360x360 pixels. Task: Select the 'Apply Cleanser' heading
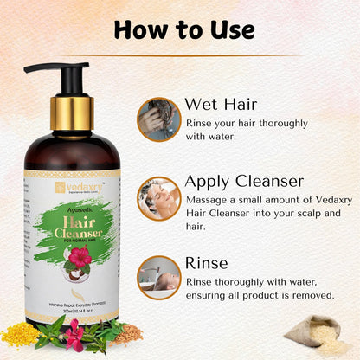pyautogui.click(x=244, y=181)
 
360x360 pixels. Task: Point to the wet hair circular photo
pyautogui.click(x=158, y=118)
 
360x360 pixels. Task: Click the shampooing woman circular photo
pyautogui.click(x=158, y=197)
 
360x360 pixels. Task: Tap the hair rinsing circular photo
pyautogui.click(x=158, y=275)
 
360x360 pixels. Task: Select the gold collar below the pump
pyautogui.click(x=71, y=111)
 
